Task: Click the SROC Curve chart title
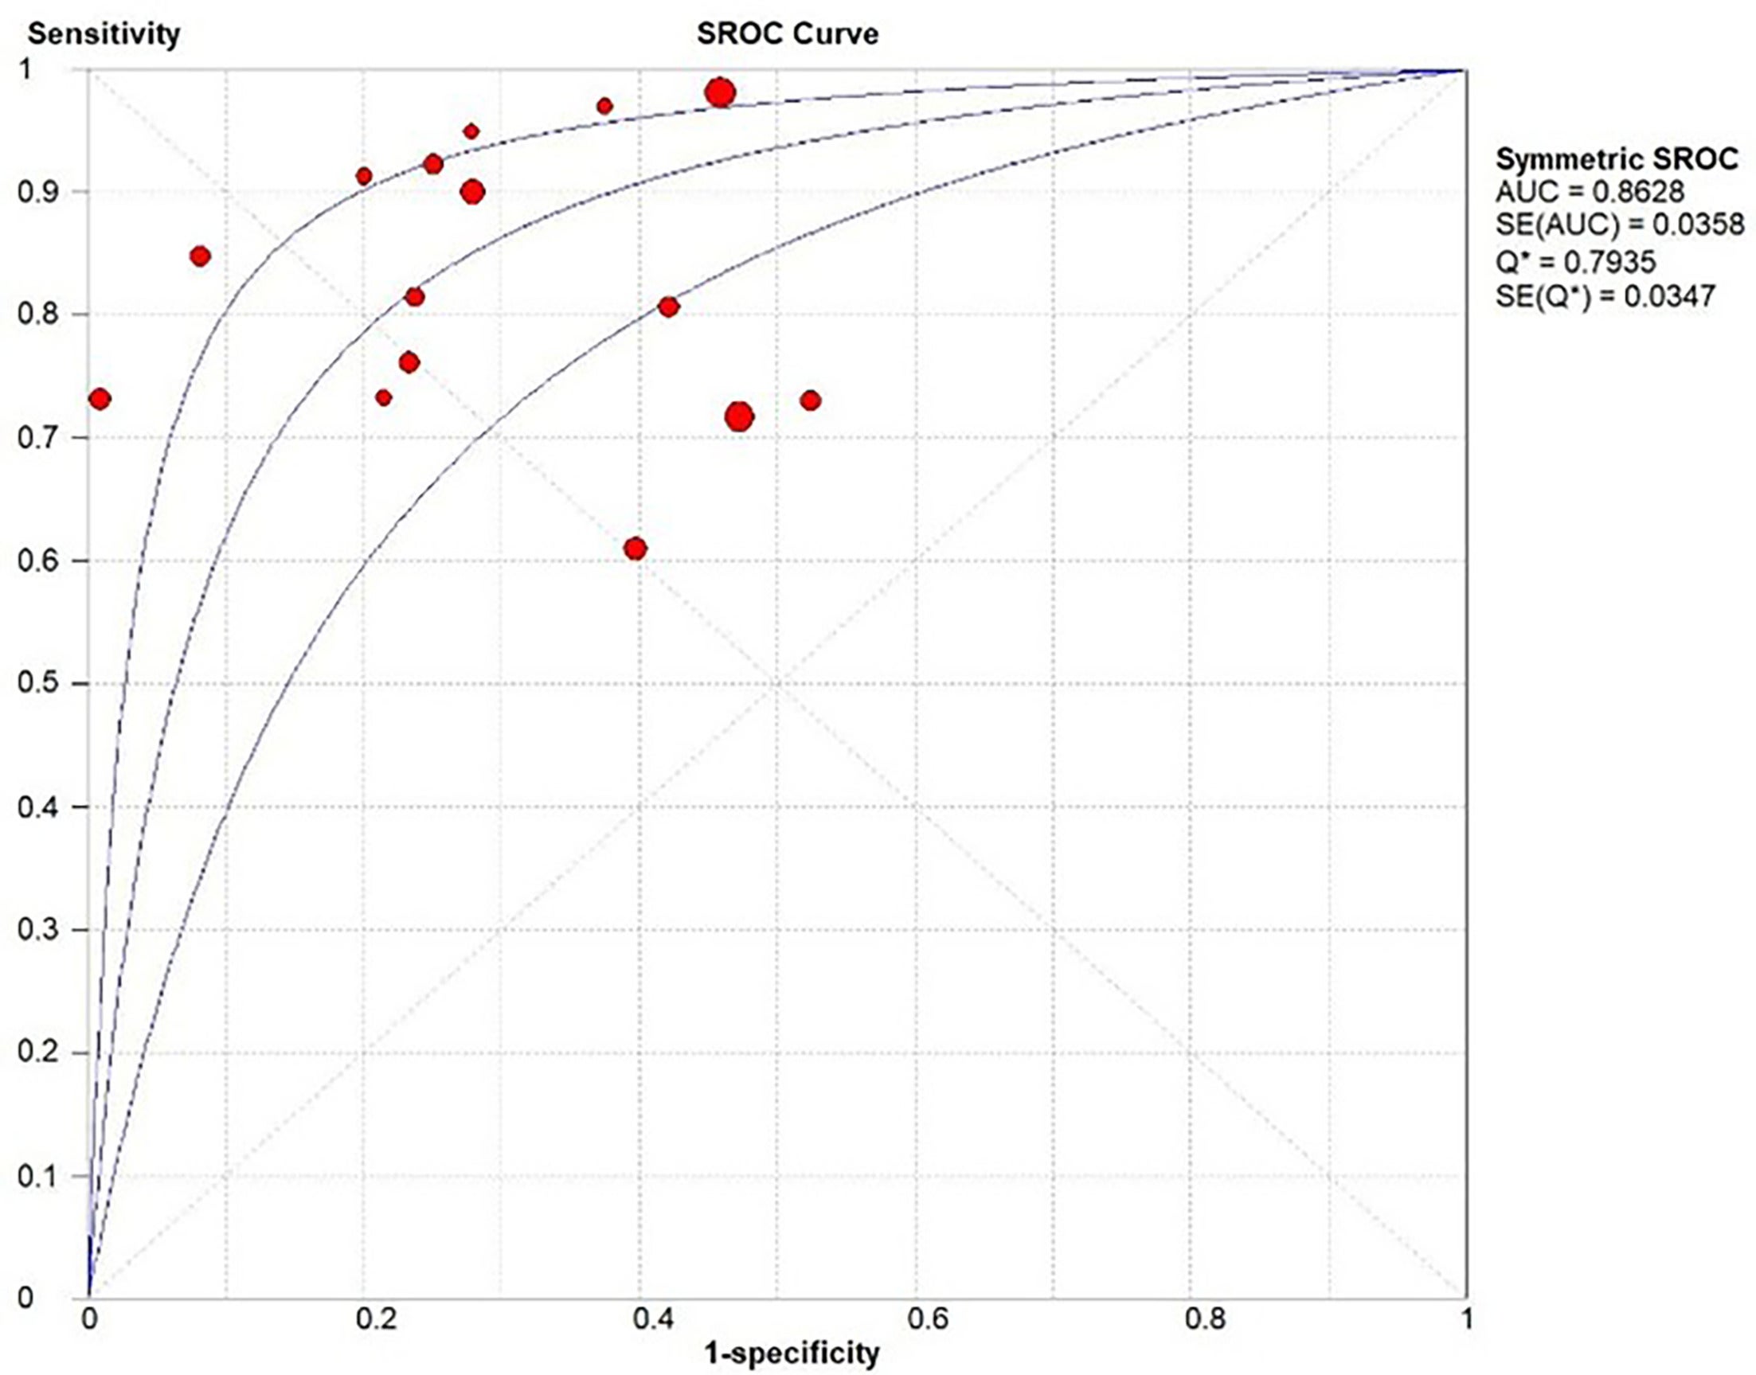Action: pyautogui.click(x=787, y=33)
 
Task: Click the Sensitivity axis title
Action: pyautogui.click(x=104, y=33)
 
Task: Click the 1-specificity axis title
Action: pyautogui.click(x=792, y=1354)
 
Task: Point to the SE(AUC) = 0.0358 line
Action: pyautogui.click(x=1608, y=226)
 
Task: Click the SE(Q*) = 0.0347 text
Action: pyautogui.click(x=1605, y=296)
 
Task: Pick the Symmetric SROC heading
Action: pyautogui.click(x=1617, y=158)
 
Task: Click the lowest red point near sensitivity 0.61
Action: pyautogui.click(x=636, y=549)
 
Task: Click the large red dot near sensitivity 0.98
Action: pyautogui.click(x=720, y=93)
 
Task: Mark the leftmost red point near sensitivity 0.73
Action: pyautogui.click(x=100, y=399)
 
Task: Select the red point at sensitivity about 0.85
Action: pyautogui.click(x=201, y=257)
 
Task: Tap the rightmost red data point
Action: pyautogui.click(x=810, y=400)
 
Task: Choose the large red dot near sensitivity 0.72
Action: pyautogui.click(x=739, y=416)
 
